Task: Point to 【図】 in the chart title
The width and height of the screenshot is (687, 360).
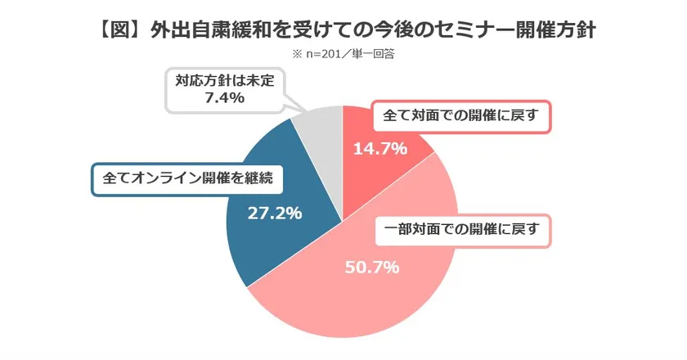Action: coord(117,31)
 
